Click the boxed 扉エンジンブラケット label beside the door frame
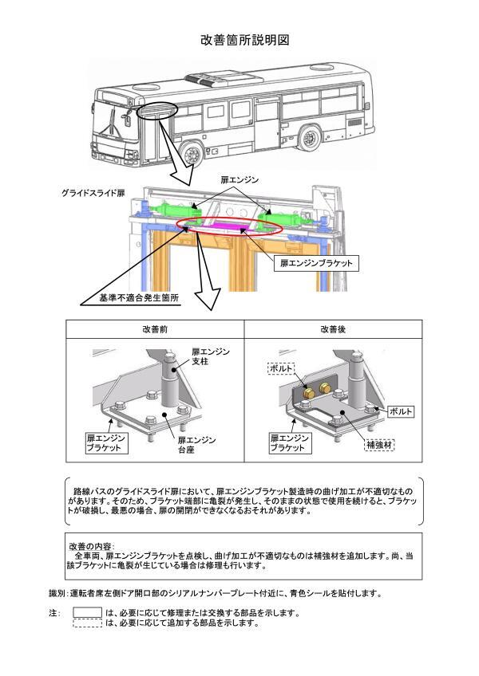tap(315, 261)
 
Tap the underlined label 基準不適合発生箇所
tap(138, 297)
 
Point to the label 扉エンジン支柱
tap(211, 358)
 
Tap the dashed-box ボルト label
tap(280, 368)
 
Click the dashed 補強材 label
tap(379, 444)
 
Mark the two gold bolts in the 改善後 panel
tap(315, 390)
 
